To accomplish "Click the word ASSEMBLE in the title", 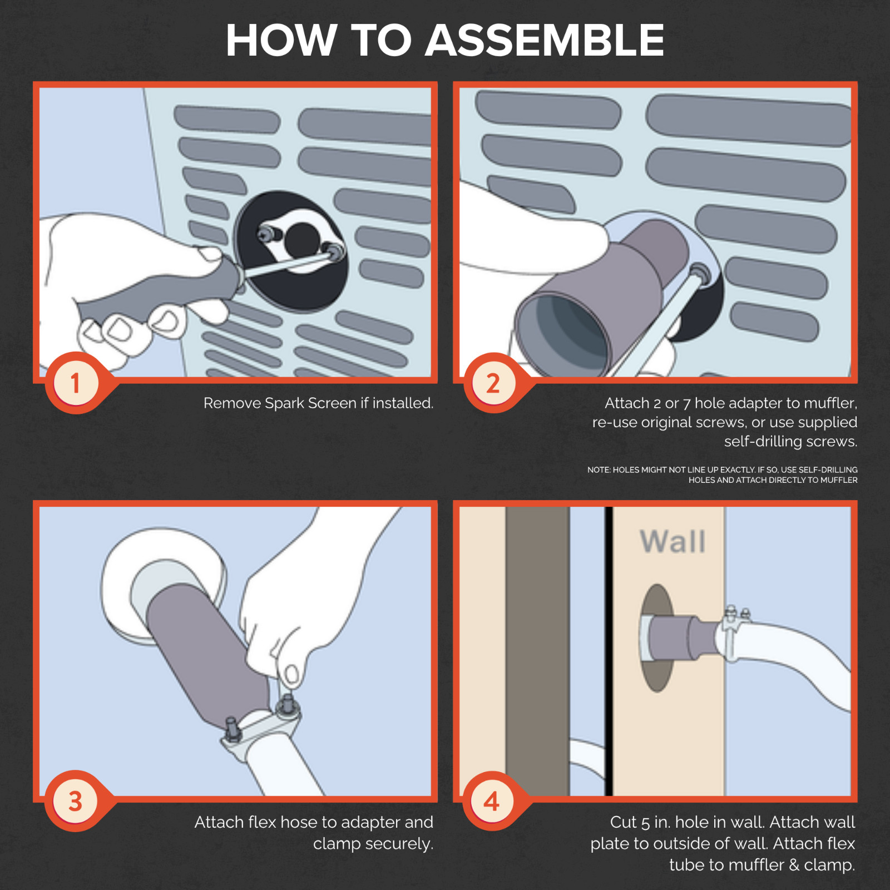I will pyautogui.click(x=545, y=40).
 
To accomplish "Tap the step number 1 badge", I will pyautogui.click(x=76, y=383).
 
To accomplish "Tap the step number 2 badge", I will pyautogui.click(x=493, y=383).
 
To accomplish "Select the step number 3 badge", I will pyautogui.click(x=76, y=802).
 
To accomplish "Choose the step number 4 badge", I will pyautogui.click(x=492, y=802).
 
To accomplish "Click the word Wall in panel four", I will pyautogui.click(x=673, y=541).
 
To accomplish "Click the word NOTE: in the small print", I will pyautogui.click(x=599, y=470).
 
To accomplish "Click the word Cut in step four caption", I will pyautogui.click(x=623, y=822).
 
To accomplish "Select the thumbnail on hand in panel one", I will pyautogui.click(x=210, y=255).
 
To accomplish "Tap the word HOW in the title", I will pyautogui.click(x=281, y=40).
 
